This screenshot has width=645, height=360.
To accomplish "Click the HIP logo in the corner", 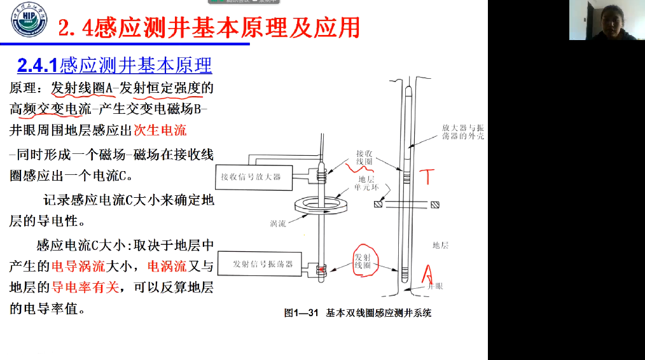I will coord(29,20).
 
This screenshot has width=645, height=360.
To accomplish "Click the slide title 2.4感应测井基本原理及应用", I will coord(209,27).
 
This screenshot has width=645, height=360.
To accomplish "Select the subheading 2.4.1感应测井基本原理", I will coord(114,65).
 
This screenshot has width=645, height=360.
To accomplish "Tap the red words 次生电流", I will coord(160,130).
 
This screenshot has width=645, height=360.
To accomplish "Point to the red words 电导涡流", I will coord(80,266).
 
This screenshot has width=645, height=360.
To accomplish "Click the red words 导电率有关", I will coord(85,287).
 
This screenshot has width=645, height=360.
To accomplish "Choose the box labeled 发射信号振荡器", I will coord(263,263).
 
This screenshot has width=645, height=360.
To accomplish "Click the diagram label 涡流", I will coord(278,223).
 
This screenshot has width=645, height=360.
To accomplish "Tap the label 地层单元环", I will coord(366,184).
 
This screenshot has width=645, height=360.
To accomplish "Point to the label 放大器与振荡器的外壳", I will coord(462,132).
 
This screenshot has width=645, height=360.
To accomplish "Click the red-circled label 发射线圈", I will coord(363,260).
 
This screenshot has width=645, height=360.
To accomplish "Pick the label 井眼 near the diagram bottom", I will coord(432,287).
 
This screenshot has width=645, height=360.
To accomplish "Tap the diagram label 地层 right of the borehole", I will coord(440,245).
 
